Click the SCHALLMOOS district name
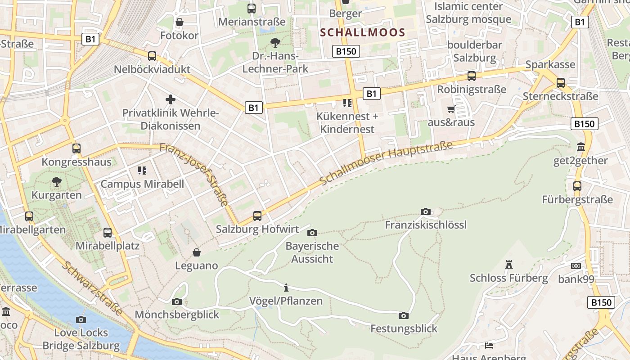(x=363, y=32)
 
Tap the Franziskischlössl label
(x=426, y=225)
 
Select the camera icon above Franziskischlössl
(x=425, y=211)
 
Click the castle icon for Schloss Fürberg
(x=509, y=265)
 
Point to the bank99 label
(x=576, y=279)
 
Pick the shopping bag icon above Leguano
(x=196, y=252)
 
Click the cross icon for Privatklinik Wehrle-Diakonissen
(x=171, y=99)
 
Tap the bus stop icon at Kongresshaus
(x=76, y=148)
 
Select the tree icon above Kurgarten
(x=57, y=182)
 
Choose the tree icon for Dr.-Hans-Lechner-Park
(x=275, y=43)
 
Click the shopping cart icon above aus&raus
(x=451, y=109)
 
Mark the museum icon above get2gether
(x=580, y=147)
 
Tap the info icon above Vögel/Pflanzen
(x=286, y=288)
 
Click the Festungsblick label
(x=404, y=328)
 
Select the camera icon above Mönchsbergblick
(x=177, y=301)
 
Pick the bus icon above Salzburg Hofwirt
(x=257, y=216)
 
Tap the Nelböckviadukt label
(x=152, y=69)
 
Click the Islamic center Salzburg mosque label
(x=468, y=13)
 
